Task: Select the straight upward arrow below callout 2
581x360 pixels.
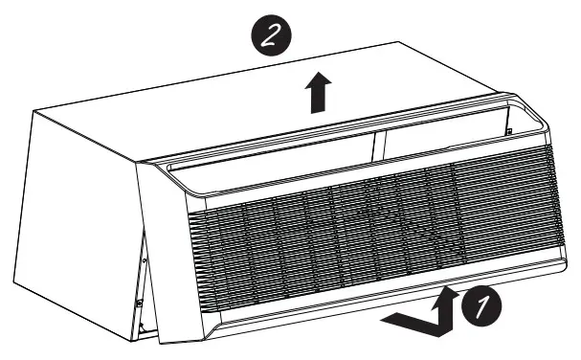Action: click(315, 94)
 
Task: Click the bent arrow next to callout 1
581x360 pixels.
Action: click(420, 316)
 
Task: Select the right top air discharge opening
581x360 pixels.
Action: click(440, 129)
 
